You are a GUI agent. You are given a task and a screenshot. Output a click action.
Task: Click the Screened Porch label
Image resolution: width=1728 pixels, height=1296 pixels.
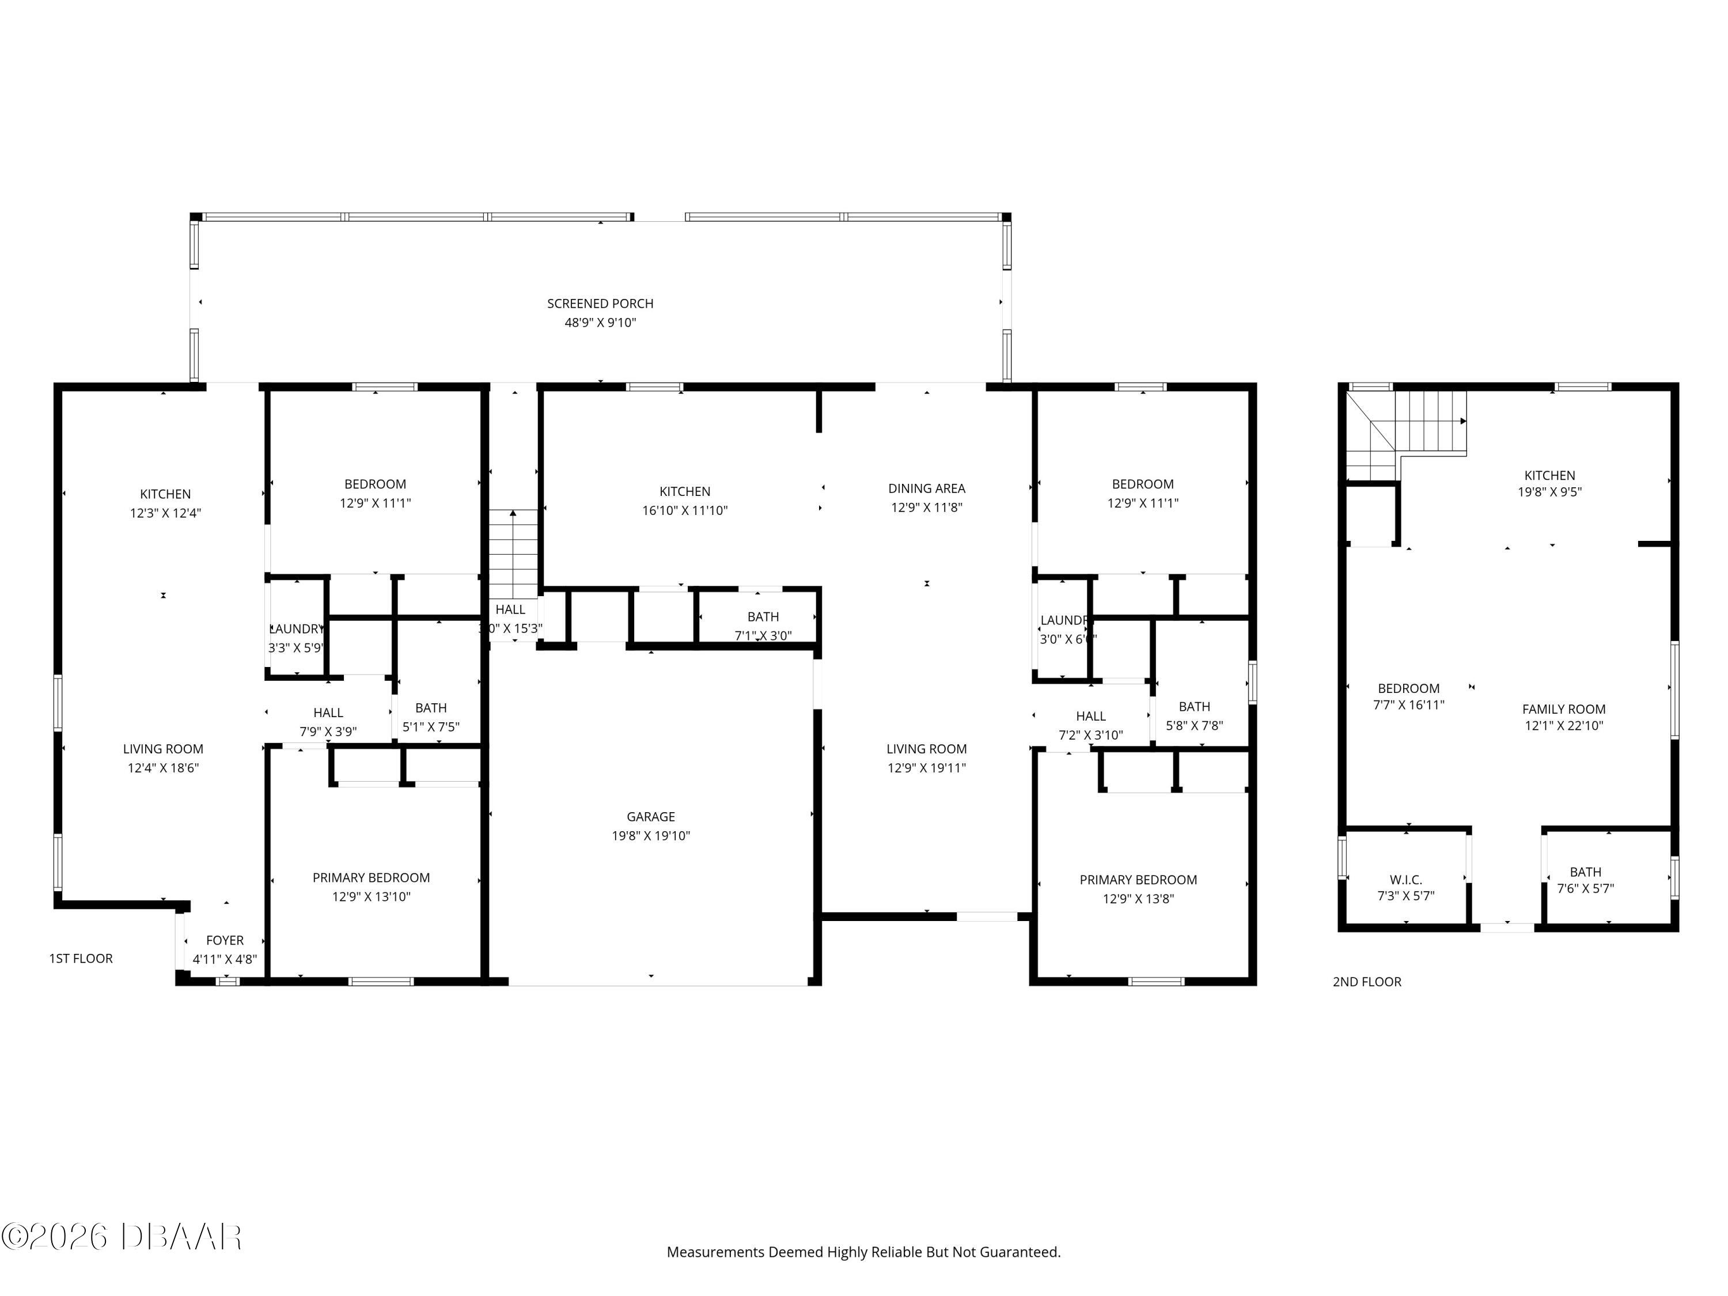pyautogui.click(x=600, y=303)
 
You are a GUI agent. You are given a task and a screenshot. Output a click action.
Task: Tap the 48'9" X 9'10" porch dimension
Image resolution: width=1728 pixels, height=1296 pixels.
pyautogui.click(x=600, y=323)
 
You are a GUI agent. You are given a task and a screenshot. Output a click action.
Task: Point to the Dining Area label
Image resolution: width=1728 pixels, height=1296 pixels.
pyautogui.click(x=926, y=488)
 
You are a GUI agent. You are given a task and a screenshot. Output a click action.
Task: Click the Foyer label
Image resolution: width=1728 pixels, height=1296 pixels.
pyautogui.click(x=225, y=940)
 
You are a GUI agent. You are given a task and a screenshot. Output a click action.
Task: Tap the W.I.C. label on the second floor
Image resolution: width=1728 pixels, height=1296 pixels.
pyautogui.click(x=1405, y=880)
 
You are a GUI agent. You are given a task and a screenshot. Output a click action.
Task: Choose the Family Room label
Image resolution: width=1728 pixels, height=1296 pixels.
pyautogui.click(x=1563, y=708)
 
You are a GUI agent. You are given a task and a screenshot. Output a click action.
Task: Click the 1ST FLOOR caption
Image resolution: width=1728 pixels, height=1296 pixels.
pyautogui.click(x=81, y=958)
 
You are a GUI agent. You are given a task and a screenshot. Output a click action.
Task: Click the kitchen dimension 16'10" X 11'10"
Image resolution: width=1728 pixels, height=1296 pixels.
pyautogui.click(x=684, y=510)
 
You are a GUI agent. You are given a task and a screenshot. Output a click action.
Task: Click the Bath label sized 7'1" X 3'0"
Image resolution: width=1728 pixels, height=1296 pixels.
pyautogui.click(x=763, y=617)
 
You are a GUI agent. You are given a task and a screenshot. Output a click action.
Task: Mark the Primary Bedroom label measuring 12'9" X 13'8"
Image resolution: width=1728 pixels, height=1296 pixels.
pyautogui.click(x=1138, y=880)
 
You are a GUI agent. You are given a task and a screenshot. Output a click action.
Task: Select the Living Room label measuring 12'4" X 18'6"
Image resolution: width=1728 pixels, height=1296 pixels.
pyautogui.click(x=162, y=748)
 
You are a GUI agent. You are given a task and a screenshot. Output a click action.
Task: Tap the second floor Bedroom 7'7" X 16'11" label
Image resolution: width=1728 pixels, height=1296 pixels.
pyautogui.click(x=1408, y=688)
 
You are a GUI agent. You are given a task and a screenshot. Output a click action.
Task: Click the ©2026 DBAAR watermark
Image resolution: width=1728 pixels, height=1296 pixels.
pyautogui.click(x=121, y=1236)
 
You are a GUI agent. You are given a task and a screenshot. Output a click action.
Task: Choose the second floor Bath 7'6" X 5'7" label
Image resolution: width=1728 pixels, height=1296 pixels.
pyautogui.click(x=1585, y=872)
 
